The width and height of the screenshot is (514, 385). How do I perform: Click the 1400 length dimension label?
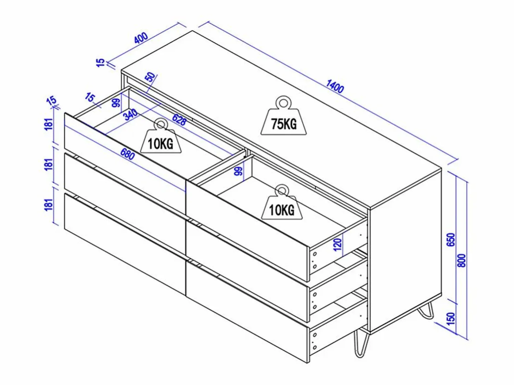(x=335, y=86)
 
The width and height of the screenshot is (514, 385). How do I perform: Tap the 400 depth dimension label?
(x=141, y=38)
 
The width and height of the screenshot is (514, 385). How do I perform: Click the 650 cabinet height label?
(x=451, y=239)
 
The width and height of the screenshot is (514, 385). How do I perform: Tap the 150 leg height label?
(x=451, y=318)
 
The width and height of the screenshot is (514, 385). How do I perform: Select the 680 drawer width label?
(x=127, y=154)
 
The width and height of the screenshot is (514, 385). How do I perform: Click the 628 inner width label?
(x=179, y=120)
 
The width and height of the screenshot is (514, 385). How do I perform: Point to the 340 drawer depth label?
(x=131, y=114)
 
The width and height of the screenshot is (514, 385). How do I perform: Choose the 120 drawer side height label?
(x=338, y=244)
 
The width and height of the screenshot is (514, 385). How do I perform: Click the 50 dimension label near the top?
(x=151, y=77)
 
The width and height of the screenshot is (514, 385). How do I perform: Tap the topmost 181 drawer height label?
(x=49, y=124)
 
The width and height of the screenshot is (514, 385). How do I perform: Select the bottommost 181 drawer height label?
(x=49, y=204)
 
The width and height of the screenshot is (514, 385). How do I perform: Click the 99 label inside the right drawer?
(x=238, y=171)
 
